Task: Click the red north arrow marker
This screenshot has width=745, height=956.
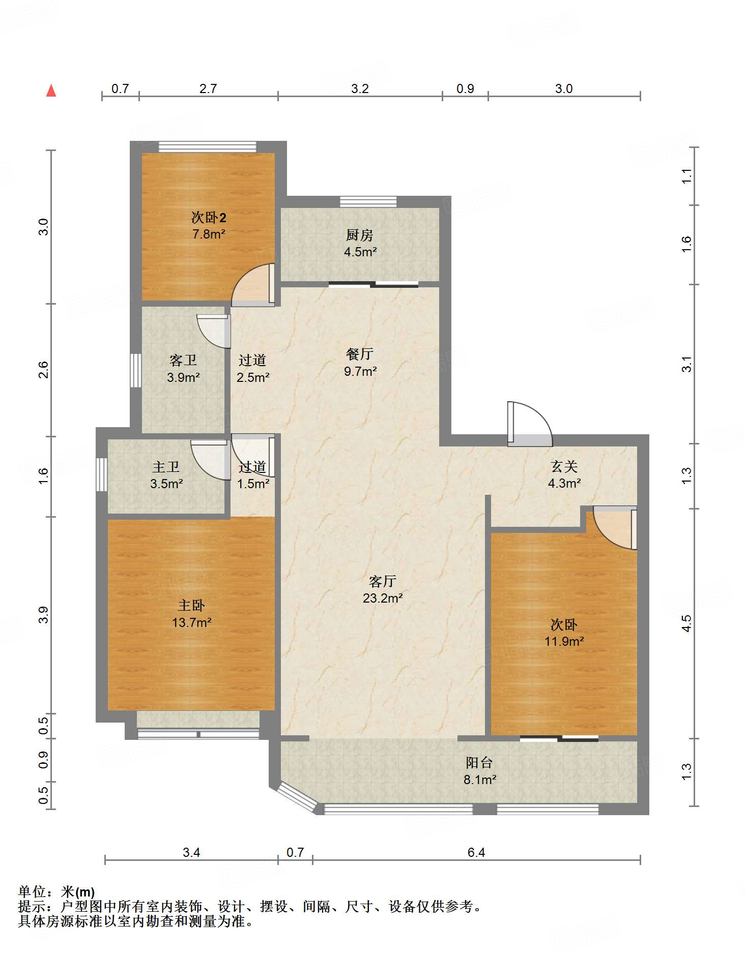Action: coord(51,91)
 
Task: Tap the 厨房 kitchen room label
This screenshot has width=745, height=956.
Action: coord(360,235)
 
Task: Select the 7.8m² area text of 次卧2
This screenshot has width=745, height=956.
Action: coord(209,234)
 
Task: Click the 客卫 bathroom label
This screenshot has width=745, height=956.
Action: coord(183,361)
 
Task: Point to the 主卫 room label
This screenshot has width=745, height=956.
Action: coord(166,467)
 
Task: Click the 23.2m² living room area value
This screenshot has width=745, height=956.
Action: coord(383,598)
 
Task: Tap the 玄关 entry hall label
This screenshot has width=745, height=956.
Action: coord(564,466)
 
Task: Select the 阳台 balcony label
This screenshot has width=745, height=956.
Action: coord(479,763)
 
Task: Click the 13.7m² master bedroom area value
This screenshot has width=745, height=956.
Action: coord(192,622)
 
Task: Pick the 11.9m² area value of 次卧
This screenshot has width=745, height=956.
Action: coord(564,642)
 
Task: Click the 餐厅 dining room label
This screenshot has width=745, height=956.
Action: coord(360,354)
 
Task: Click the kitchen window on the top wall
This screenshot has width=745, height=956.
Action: coord(368,202)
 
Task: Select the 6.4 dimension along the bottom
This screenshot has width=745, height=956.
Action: coord(476,852)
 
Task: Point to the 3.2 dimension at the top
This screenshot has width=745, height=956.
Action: coord(360,88)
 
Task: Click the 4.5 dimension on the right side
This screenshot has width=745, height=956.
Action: coord(686,623)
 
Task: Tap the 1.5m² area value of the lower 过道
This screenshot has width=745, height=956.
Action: coord(253,484)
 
